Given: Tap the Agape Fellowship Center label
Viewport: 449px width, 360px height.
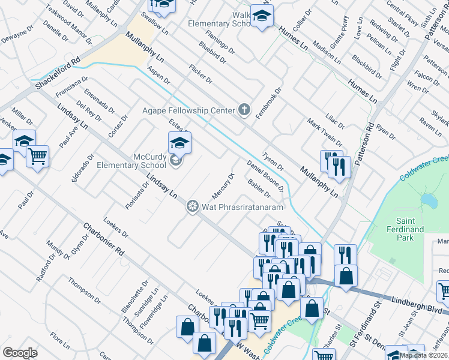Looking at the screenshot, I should [189, 110].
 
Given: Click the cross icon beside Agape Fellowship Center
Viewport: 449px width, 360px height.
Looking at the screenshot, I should [244, 110].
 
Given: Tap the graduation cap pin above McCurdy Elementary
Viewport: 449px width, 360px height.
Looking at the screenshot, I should [179, 143].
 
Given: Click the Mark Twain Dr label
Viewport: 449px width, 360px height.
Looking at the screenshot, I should [325, 133].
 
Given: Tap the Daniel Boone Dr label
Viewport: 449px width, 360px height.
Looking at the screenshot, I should [266, 176].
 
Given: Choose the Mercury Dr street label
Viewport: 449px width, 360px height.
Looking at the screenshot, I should [223, 187].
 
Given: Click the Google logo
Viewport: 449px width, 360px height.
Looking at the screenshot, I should [19, 353].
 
